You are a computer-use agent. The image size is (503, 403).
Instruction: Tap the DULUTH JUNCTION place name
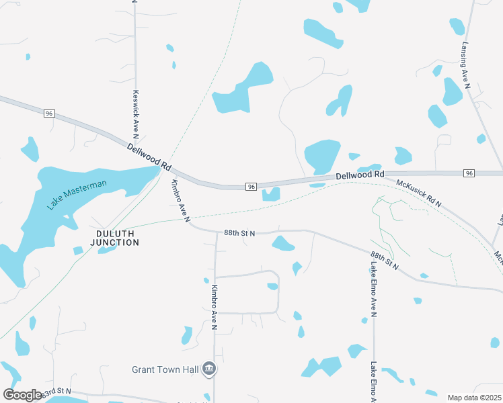pyautogui.click(x=113, y=238)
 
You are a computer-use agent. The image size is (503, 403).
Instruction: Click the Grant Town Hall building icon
pyautogui.click(x=209, y=368)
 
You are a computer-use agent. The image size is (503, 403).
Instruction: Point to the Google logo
pyautogui.click(x=22, y=395)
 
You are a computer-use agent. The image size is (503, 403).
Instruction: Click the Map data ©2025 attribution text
pyautogui.click(x=474, y=398)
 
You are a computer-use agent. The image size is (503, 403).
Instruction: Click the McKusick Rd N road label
pyautogui.click(x=419, y=193)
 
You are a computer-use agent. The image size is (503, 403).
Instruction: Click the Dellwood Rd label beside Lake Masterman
pyautogui.click(x=149, y=156)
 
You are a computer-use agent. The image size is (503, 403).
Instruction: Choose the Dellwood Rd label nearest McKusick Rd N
pyautogui.click(x=360, y=175)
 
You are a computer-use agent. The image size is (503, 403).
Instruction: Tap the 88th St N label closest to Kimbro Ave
pyautogui.click(x=239, y=233)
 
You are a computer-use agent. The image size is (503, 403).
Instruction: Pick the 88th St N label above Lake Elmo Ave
pyautogui.click(x=384, y=261)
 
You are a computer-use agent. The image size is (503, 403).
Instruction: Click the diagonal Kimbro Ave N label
pyautogui.click(x=181, y=200)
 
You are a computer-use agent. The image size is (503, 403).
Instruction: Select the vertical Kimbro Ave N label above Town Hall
pyautogui.click(x=214, y=307)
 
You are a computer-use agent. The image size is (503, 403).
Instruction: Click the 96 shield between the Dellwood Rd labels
pyautogui.click(x=251, y=186)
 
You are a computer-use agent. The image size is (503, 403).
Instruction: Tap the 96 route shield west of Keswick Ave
pyautogui.click(x=49, y=114)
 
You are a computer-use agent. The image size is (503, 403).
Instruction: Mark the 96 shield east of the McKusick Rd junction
pyautogui.click(x=469, y=173)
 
